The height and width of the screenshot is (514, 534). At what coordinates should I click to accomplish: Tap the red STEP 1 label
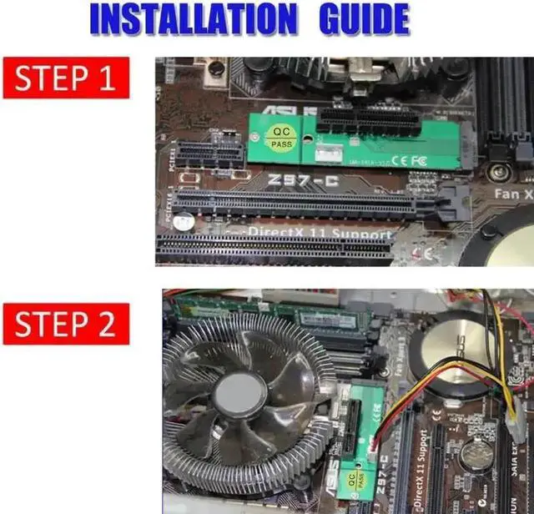pos(66,78)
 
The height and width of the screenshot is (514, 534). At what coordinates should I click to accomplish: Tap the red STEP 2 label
pos(66,324)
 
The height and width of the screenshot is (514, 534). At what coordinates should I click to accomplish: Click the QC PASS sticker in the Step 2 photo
pos(354,478)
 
